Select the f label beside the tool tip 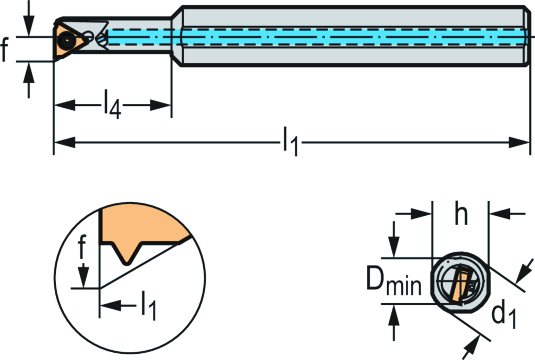tap(5, 50)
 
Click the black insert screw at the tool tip tap(67, 39)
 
